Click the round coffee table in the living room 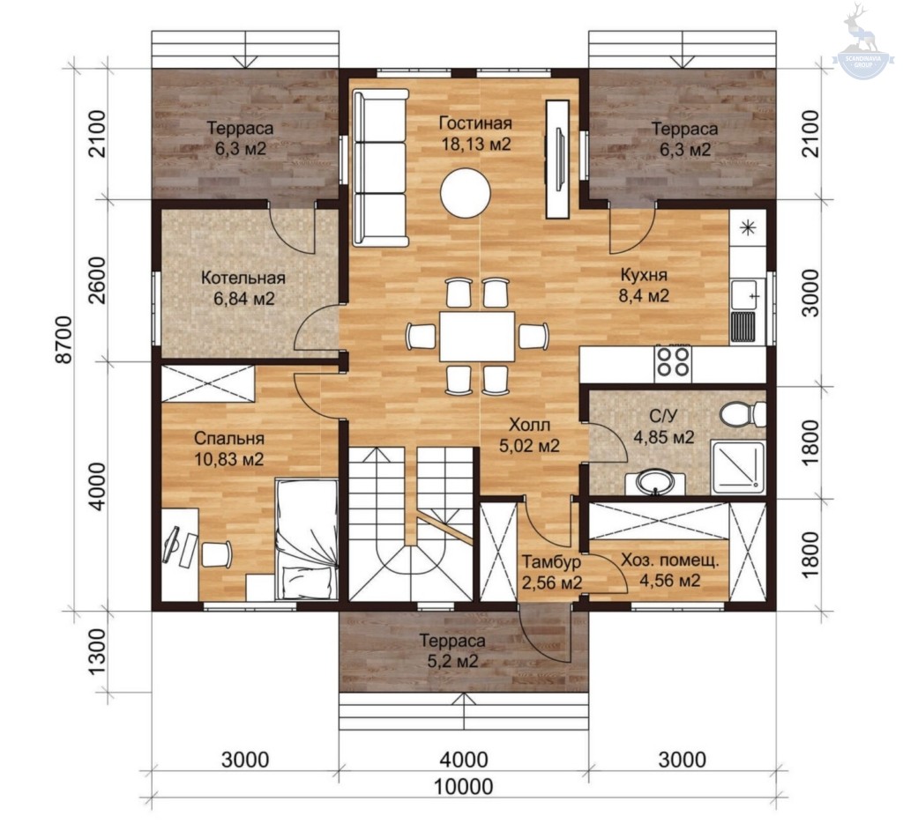466,193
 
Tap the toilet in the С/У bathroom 743,414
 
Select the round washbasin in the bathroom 655,482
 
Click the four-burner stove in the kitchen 673,362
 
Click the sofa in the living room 381,167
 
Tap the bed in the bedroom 306,539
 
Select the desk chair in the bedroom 217,553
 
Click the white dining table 477,336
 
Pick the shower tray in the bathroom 738,467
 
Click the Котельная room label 243,278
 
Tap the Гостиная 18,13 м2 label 475,134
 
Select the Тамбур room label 551,561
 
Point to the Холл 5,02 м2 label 529,435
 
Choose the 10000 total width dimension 463,786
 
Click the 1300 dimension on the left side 98,655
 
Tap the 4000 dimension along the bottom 464,760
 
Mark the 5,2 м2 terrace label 452,662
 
